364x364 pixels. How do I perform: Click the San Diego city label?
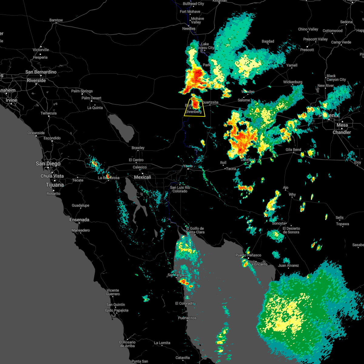48,163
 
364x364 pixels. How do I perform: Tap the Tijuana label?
55,185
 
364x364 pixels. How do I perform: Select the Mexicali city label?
143,177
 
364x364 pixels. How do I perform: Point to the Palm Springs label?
82,91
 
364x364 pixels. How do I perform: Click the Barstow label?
56,20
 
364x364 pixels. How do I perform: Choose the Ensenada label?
79,220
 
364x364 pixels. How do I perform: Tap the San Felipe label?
176,275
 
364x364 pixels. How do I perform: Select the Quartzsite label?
210,103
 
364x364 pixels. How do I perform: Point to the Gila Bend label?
293,150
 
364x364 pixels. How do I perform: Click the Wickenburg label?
293,82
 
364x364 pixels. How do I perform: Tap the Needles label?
189,29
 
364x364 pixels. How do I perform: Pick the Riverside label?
36,80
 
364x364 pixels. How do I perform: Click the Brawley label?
138,148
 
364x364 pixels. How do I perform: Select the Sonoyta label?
278,224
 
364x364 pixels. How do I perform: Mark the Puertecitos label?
187,318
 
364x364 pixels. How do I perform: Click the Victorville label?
41,50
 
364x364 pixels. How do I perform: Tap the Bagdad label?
268,42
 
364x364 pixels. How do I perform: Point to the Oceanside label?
36,133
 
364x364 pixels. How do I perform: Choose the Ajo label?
285,188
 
